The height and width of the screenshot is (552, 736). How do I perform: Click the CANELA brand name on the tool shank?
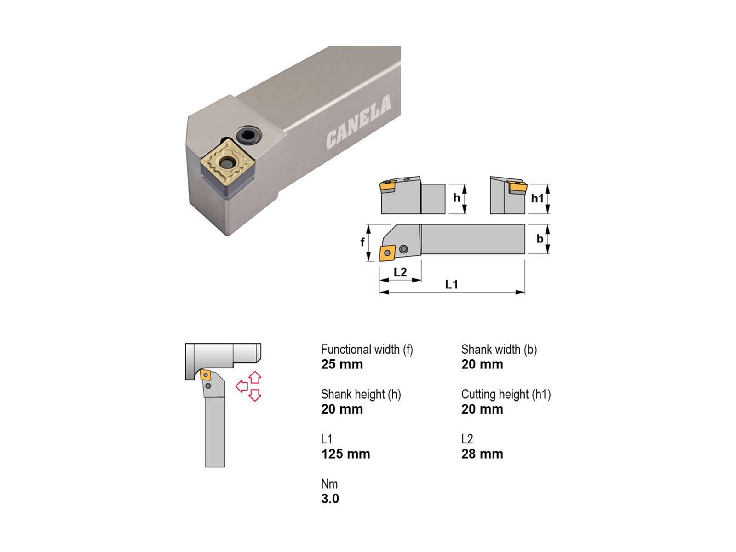pos(358,121)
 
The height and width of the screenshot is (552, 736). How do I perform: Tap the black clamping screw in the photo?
pos(247,136)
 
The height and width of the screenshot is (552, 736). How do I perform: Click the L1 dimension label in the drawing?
pos(451,285)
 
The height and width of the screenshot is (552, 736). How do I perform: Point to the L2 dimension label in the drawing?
pos(400,272)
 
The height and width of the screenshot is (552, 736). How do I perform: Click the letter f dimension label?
pos(362,242)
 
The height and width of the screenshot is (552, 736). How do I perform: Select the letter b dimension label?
pos(540,239)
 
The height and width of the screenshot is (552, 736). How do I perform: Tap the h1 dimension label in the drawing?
pos(537,198)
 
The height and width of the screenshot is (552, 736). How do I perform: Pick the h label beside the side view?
pos(457,198)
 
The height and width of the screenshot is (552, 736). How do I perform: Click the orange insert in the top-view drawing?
pos(387,253)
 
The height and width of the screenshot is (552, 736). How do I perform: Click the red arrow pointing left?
pos(241,386)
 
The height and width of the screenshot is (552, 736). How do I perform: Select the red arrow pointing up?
pos(255,377)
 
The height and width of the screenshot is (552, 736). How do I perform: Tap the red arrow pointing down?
pos(255,396)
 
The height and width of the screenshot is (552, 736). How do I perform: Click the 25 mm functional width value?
pos(342,364)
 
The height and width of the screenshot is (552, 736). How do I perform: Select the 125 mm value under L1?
pos(345,454)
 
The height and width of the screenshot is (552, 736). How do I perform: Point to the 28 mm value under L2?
pos(482,454)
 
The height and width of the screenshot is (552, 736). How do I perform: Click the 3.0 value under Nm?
pos(330,499)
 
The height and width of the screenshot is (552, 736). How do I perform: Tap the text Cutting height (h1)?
pos(506,395)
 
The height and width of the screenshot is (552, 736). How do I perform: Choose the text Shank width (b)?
pos(499,350)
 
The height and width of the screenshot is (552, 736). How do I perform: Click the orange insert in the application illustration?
pos(205,375)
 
